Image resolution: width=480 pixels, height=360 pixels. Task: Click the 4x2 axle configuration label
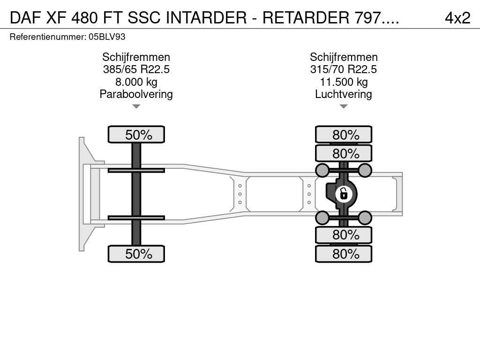pyautogui.click(x=457, y=18)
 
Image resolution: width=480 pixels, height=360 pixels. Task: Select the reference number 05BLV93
pyautogui.click(x=107, y=37)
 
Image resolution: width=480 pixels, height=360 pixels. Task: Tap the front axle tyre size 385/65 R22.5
pyautogui.click(x=136, y=69)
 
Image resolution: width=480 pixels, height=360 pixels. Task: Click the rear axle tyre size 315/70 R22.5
pyautogui.click(x=344, y=69)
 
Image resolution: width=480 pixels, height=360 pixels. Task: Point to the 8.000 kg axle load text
pyautogui.click(x=136, y=82)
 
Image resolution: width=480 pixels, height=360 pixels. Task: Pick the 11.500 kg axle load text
pyautogui.click(x=344, y=82)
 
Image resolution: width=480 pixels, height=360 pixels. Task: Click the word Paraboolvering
pyautogui.click(x=136, y=94)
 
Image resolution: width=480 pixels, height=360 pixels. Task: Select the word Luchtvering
pyautogui.click(x=344, y=94)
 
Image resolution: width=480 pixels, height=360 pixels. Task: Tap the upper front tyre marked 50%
pyautogui.click(x=136, y=135)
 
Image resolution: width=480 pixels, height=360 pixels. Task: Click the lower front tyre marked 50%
pyautogui.click(x=136, y=254)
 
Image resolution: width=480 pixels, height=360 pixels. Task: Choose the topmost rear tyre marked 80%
pyautogui.click(x=344, y=135)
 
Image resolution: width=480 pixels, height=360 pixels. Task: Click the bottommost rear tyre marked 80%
pyautogui.click(x=344, y=254)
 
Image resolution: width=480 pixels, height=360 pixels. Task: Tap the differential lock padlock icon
pyautogui.click(x=344, y=194)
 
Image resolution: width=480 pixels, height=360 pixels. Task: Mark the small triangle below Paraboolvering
pyautogui.click(x=136, y=106)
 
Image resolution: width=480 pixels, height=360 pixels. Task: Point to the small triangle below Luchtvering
pyautogui.click(x=344, y=106)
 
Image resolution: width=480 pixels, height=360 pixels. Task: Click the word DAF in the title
pyautogui.click(x=25, y=18)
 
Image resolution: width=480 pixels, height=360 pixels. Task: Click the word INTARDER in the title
pyautogui.click(x=206, y=18)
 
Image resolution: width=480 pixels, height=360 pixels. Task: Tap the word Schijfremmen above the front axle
pyautogui.click(x=136, y=57)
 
